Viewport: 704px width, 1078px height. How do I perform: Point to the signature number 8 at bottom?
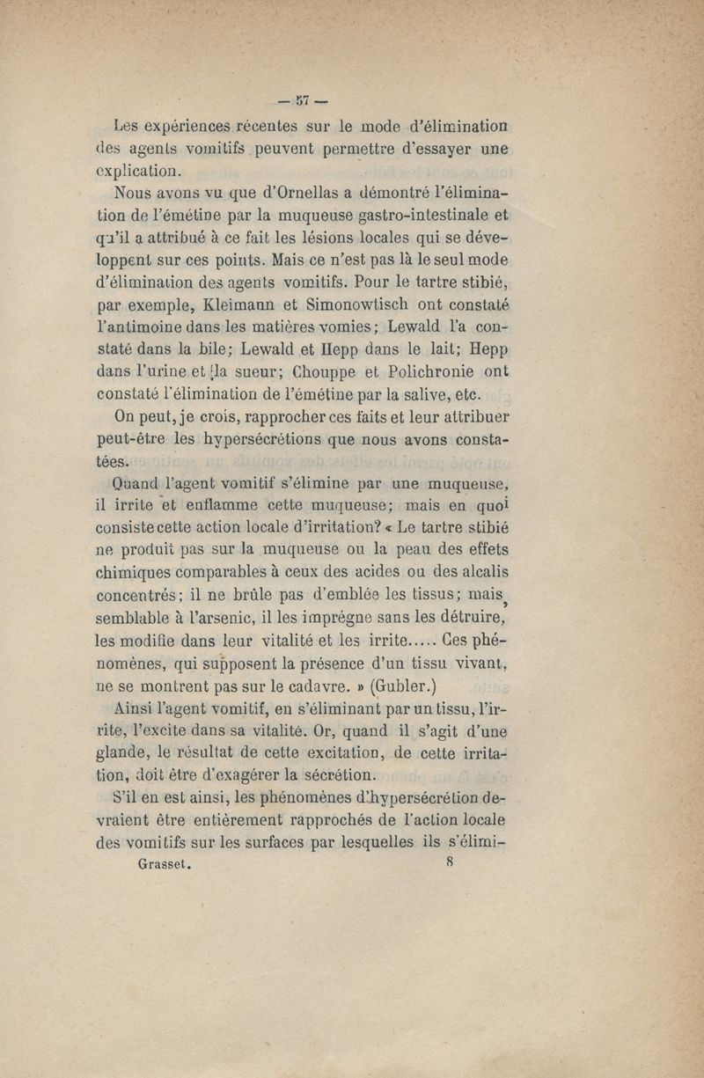(x=450, y=862)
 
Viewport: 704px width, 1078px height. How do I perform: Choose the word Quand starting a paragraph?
(x=143, y=483)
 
